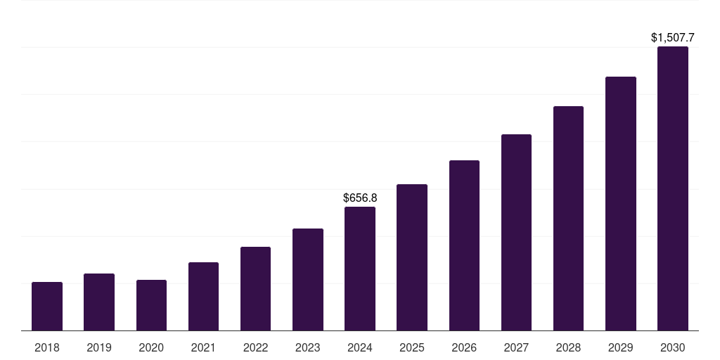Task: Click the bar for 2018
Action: [x=47, y=307]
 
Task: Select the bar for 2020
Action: [x=151, y=305]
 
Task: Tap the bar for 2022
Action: [x=255, y=289]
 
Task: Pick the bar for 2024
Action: [x=360, y=269]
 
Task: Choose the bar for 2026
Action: [x=464, y=245]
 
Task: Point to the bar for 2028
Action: [x=568, y=219]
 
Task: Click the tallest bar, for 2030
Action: [x=673, y=188]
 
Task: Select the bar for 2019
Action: [x=99, y=302]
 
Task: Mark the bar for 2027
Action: [x=516, y=233]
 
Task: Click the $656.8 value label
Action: [x=360, y=198]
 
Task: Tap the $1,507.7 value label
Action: [x=673, y=37]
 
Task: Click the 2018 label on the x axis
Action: [x=47, y=347]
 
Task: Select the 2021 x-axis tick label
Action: [x=203, y=347]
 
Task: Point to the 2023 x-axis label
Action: [x=308, y=347]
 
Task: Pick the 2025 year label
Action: [x=412, y=347]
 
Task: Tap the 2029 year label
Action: [x=621, y=347]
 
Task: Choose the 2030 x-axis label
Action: [x=673, y=347]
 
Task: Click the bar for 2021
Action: [x=203, y=297]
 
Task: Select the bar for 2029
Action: [x=621, y=204]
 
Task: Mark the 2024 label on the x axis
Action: [x=360, y=347]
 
